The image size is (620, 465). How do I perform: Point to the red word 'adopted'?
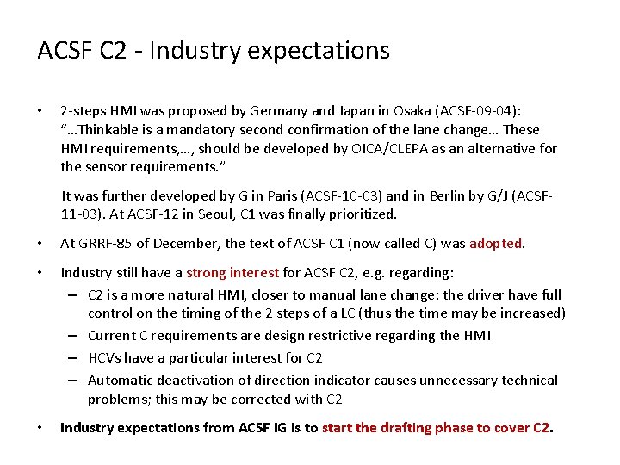[495, 244]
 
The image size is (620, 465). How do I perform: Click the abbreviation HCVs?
[107, 357]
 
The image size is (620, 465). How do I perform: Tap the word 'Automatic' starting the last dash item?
[121, 380]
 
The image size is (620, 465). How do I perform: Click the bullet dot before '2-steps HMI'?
[40, 111]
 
